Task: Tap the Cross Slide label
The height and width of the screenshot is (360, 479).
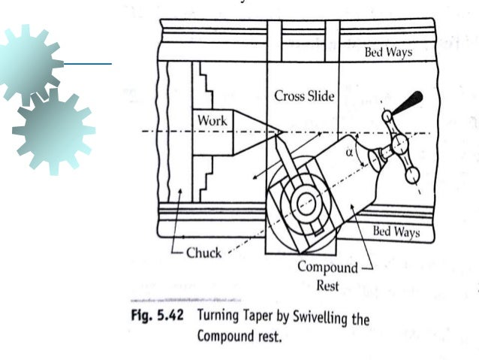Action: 304,96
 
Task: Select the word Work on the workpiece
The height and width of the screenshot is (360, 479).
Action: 212,120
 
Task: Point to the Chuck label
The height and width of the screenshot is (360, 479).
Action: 203,253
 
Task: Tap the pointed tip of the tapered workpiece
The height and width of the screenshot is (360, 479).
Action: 281,133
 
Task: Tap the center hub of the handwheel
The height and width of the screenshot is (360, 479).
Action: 398,144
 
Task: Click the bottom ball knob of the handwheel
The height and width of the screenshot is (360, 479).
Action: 411,176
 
